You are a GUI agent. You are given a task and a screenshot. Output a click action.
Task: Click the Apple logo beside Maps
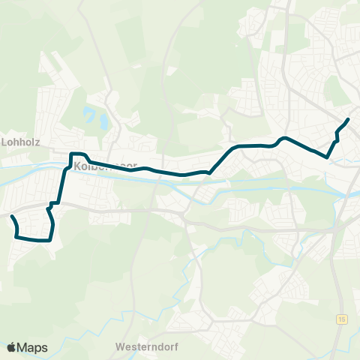11,347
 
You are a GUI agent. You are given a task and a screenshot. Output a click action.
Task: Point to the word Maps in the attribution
32,347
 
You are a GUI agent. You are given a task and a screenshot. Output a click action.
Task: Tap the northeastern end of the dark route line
348,119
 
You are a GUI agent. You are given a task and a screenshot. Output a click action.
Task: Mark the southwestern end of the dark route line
12,217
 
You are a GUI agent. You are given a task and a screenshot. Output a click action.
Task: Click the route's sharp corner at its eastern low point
328,157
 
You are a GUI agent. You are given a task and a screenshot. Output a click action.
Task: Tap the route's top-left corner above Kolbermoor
72,154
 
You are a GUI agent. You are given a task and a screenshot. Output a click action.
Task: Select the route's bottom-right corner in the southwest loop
49,240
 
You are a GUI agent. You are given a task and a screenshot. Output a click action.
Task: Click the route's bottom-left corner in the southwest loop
16,237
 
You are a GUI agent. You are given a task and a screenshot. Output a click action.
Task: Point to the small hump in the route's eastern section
283,139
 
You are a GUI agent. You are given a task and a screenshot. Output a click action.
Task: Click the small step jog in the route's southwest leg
52,203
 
